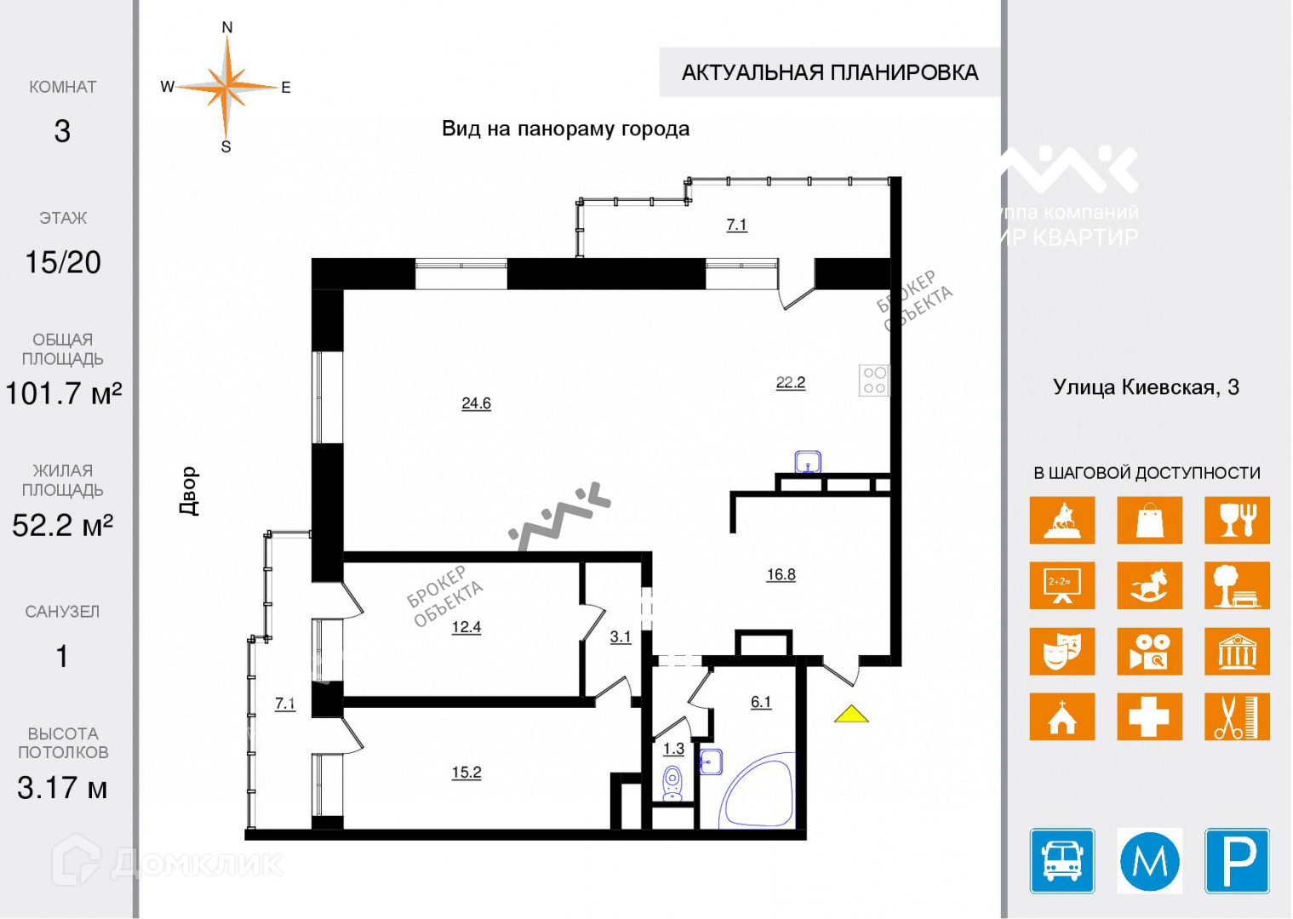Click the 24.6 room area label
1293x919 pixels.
coord(476,403)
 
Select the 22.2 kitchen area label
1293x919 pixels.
coord(790,383)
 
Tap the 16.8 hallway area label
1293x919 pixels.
coord(781,574)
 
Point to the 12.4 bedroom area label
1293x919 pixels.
coord(466,627)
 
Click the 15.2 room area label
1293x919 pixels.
coord(466,773)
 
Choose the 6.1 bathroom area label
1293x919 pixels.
coord(760,702)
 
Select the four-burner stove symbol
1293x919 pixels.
coord(874,380)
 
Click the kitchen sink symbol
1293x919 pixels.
coord(807,462)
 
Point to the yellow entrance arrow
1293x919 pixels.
coord(851,715)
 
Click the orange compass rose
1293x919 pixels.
coord(226,87)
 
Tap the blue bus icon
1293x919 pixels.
coord(1062,860)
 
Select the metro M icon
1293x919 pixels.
coord(1149,860)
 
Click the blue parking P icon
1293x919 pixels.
coord(1237,860)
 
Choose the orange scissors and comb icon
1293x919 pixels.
coord(1237,716)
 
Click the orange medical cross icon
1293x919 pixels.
coord(1149,716)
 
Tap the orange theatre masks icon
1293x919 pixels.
coord(1061,651)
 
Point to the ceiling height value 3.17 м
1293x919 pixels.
coord(62,788)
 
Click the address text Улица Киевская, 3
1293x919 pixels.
coord(1146,388)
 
